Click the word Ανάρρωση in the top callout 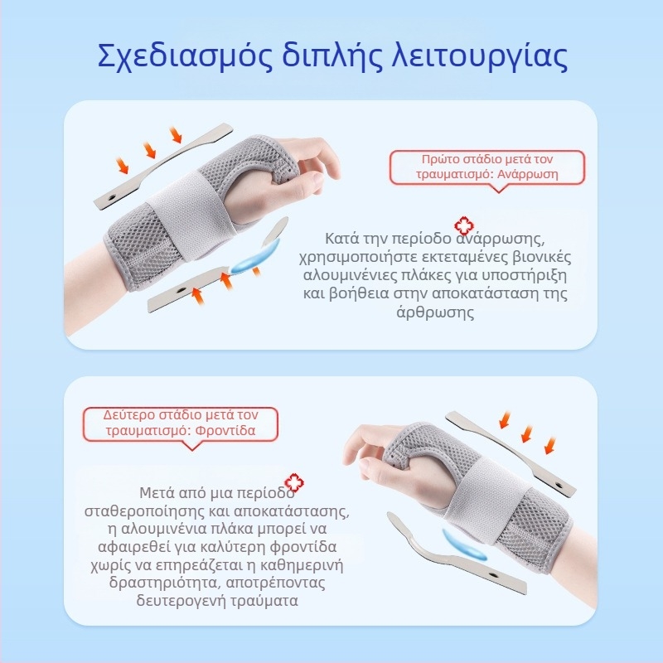point(526,175)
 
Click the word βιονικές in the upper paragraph point(543,257)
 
